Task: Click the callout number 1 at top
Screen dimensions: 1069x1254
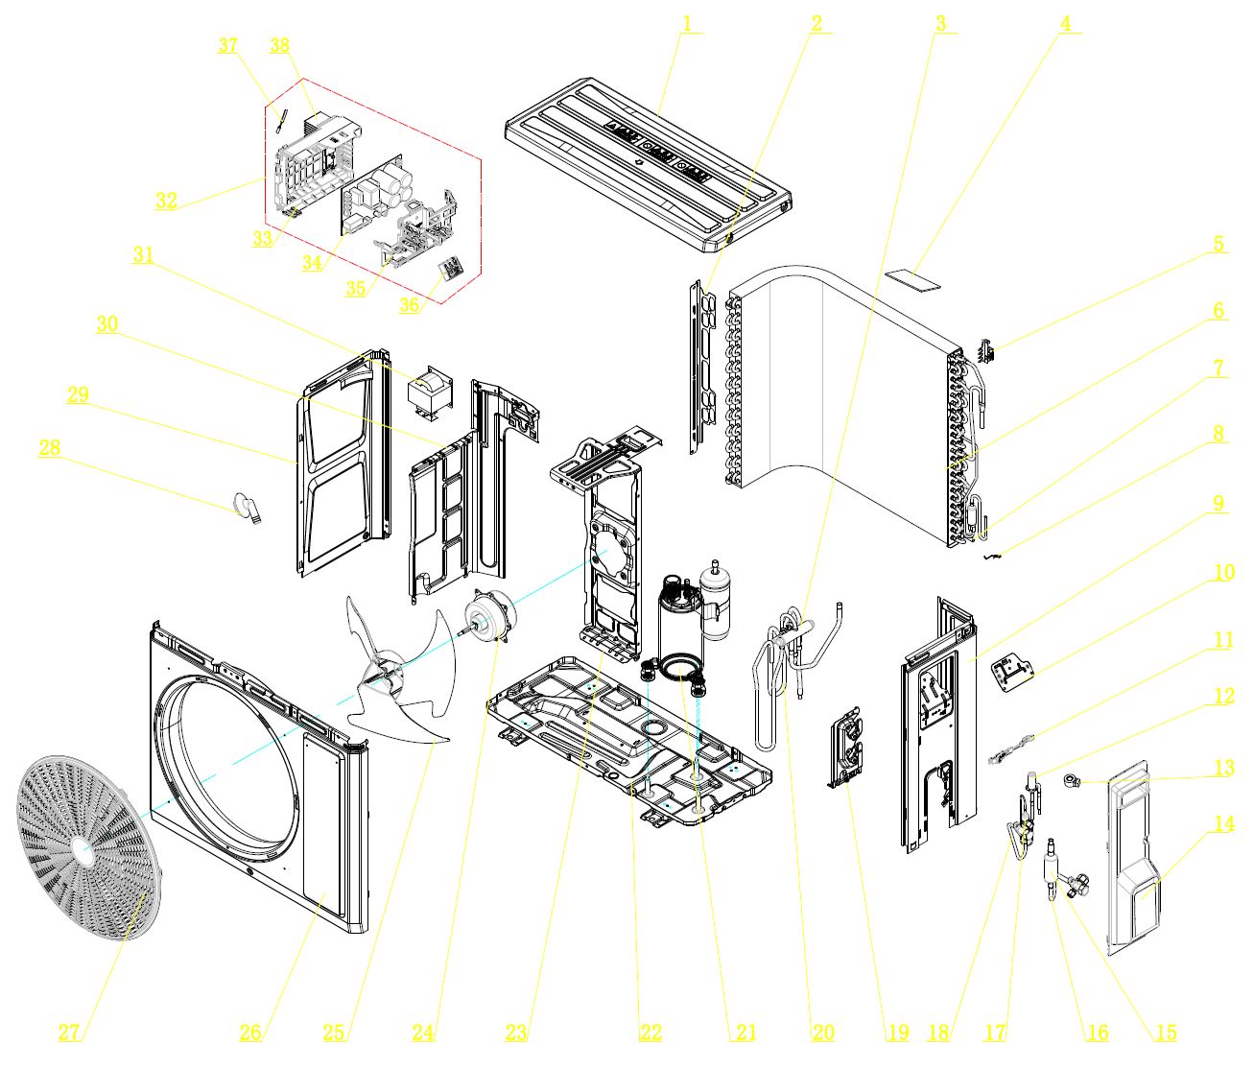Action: (687, 23)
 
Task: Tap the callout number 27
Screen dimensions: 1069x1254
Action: (69, 1033)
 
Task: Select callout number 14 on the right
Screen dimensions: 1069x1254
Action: (1224, 823)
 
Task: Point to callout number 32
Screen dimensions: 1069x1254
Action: (166, 201)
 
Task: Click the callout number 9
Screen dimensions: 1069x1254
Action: (1219, 504)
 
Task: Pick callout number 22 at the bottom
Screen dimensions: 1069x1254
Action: (651, 1033)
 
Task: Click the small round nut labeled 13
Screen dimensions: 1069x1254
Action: (1070, 782)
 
